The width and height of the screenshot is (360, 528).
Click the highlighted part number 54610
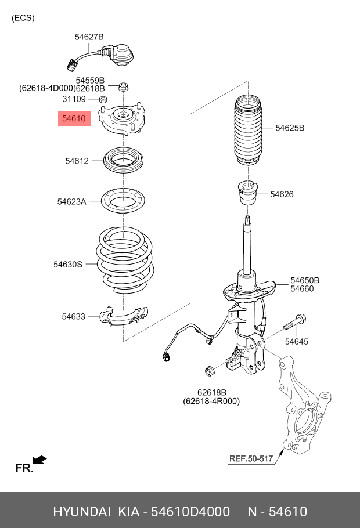point(74,120)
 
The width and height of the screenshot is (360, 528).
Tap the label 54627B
point(89,37)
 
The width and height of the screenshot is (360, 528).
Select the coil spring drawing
point(124,260)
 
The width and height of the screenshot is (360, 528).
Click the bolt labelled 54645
point(295,323)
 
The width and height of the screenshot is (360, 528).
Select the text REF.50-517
point(251,458)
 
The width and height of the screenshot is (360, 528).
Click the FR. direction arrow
point(39,460)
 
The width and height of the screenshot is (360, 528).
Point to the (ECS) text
point(23,18)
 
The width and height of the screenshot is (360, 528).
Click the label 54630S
point(68,264)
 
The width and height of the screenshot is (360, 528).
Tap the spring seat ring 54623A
point(125,202)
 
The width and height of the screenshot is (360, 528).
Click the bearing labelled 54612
point(124,160)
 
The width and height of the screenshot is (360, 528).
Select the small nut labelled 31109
point(103,100)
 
